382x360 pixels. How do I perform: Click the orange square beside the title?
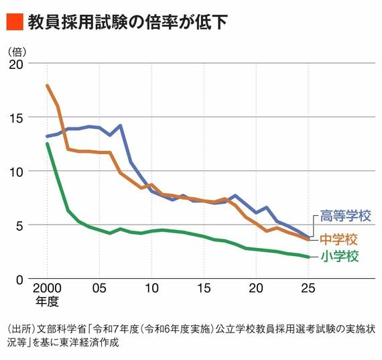click(15, 21)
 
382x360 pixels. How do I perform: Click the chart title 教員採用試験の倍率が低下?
click(128, 22)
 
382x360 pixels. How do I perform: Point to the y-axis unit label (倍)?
click(17, 52)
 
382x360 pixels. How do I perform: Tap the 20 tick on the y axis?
click(16, 64)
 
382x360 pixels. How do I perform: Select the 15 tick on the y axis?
click(16, 118)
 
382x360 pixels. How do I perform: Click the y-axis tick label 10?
click(16, 172)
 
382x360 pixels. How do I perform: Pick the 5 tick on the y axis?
click(19, 226)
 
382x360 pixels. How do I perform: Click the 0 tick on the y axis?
click(19, 280)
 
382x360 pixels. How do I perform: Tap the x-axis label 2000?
click(47, 288)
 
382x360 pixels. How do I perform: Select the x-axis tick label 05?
click(99, 288)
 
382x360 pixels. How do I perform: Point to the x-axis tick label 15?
click(204, 288)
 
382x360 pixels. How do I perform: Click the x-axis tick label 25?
click(308, 288)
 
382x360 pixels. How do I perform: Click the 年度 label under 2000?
click(47, 301)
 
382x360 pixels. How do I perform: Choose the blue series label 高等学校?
click(345, 215)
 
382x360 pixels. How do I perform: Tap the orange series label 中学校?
click(338, 239)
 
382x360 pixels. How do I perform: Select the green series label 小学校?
click(340, 256)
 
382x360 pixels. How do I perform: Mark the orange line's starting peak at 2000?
click(47, 85)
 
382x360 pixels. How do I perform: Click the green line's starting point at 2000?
click(48, 144)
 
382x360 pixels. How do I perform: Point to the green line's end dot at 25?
click(308, 257)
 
